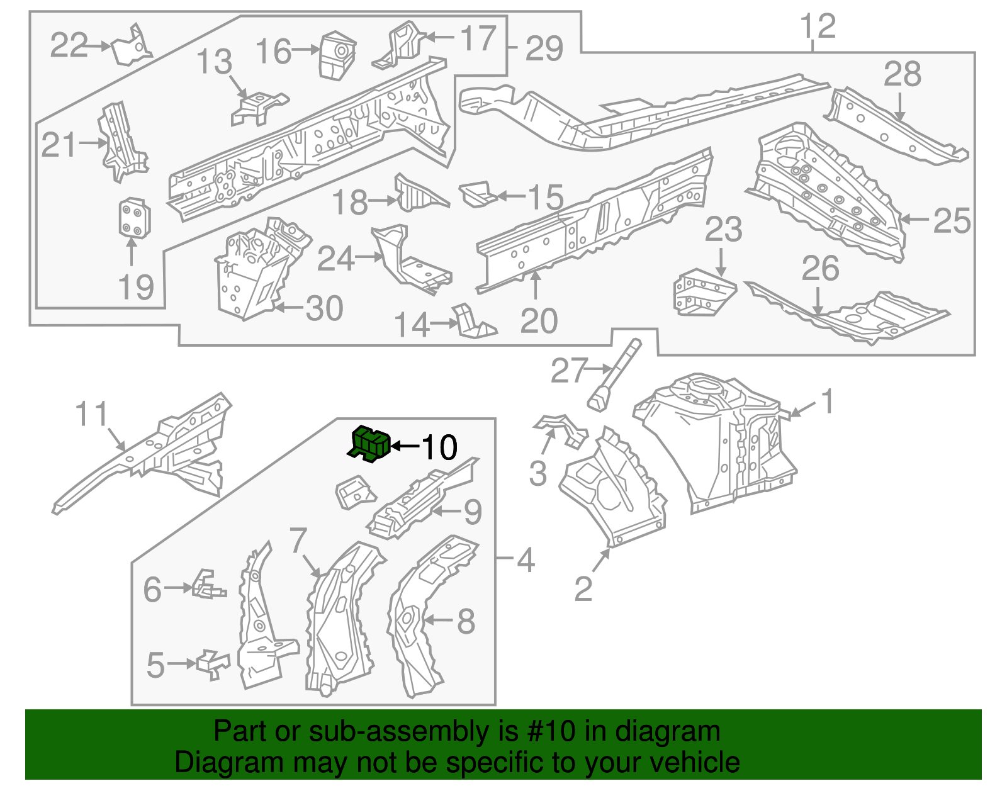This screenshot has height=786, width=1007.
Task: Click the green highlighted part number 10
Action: pyautogui.click(x=370, y=443)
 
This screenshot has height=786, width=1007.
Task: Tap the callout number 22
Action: pyautogui.click(x=69, y=45)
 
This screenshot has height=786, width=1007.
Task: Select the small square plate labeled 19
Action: pyautogui.click(x=134, y=218)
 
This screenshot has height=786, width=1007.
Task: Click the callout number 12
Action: pyautogui.click(x=818, y=26)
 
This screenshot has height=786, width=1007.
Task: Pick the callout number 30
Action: pyautogui.click(x=324, y=308)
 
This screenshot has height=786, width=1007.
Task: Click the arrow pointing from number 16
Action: pyautogui.click(x=307, y=50)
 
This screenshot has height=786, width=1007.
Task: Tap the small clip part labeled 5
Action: pyautogui.click(x=213, y=664)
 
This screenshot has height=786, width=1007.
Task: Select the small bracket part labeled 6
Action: pyautogui.click(x=208, y=585)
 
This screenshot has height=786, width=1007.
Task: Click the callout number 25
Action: pyautogui.click(x=952, y=220)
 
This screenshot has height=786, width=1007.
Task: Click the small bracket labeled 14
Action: pyautogui.click(x=473, y=322)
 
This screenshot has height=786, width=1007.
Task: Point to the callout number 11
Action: pyautogui.click(x=92, y=415)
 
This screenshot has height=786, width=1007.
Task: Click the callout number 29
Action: pyautogui.click(x=544, y=48)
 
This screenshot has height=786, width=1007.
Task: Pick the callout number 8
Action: pyautogui.click(x=465, y=621)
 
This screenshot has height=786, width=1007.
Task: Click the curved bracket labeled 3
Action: pyautogui.click(x=561, y=429)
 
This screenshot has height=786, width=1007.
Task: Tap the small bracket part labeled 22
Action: pyautogui.click(x=132, y=45)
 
